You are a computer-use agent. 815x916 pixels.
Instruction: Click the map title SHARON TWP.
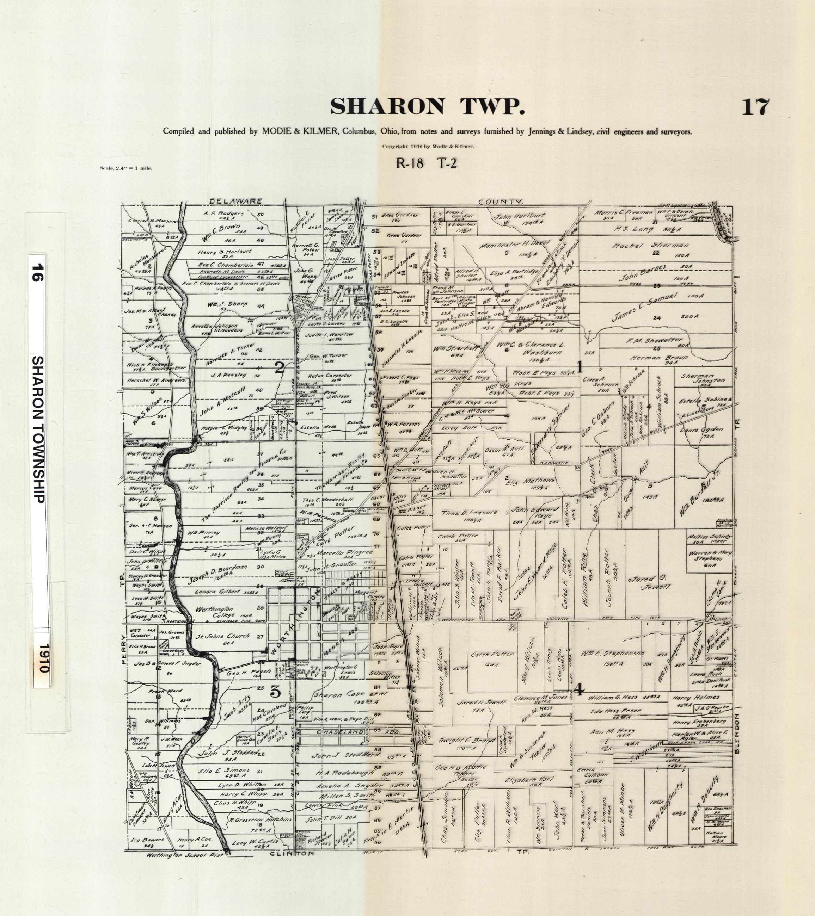(427, 107)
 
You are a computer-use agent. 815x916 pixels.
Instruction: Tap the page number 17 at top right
(755, 107)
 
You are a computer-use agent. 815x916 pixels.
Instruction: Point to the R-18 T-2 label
(426, 163)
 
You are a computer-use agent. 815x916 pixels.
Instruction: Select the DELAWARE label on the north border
(235, 201)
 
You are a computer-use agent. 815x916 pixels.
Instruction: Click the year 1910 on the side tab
(43, 658)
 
